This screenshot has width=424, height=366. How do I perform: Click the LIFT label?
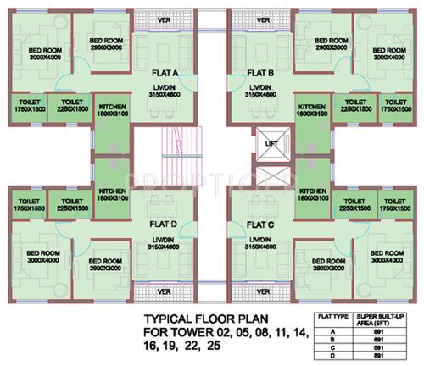click(x=271, y=145)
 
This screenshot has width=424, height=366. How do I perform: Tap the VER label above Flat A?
click(x=165, y=19)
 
